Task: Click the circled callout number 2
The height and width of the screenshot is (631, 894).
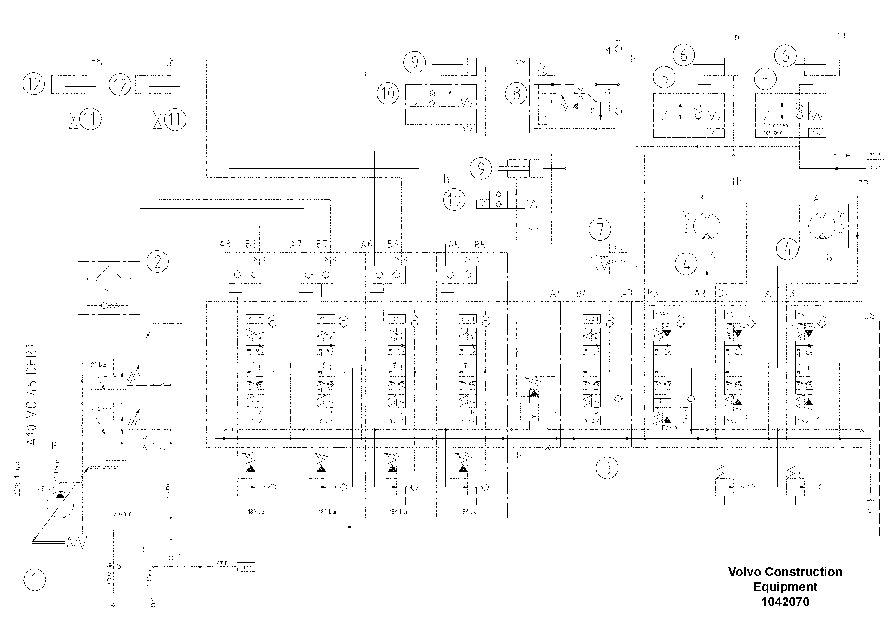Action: tap(157, 262)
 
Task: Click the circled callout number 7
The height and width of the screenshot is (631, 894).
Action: tap(600, 229)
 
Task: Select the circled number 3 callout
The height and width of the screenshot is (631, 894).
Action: tap(607, 468)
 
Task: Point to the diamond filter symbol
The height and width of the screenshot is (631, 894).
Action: tap(109, 279)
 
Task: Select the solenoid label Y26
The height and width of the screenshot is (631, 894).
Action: tap(467, 129)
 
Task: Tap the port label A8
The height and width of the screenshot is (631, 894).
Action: tap(225, 244)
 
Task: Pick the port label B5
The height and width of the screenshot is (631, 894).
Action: tap(480, 245)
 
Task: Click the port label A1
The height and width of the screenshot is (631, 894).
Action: tap(770, 293)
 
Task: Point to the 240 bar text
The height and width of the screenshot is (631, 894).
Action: tap(101, 409)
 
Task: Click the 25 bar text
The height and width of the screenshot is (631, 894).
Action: tap(99, 365)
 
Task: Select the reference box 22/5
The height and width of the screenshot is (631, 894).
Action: tap(875, 155)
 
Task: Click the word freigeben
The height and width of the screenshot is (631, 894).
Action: tap(775, 125)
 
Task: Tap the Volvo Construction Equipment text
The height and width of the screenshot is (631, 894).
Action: tap(785, 579)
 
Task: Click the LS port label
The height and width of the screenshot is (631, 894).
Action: tap(869, 316)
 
